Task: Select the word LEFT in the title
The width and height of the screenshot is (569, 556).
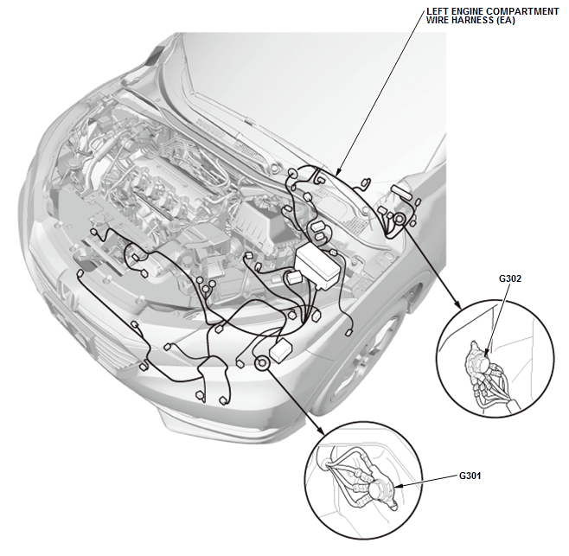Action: pyautogui.click(x=438, y=10)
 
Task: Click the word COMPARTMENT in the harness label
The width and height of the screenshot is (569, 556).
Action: pyautogui.click(x=516, y=10)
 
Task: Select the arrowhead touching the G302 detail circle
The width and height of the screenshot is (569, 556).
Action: pyautogui.click(x=458, y=306)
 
